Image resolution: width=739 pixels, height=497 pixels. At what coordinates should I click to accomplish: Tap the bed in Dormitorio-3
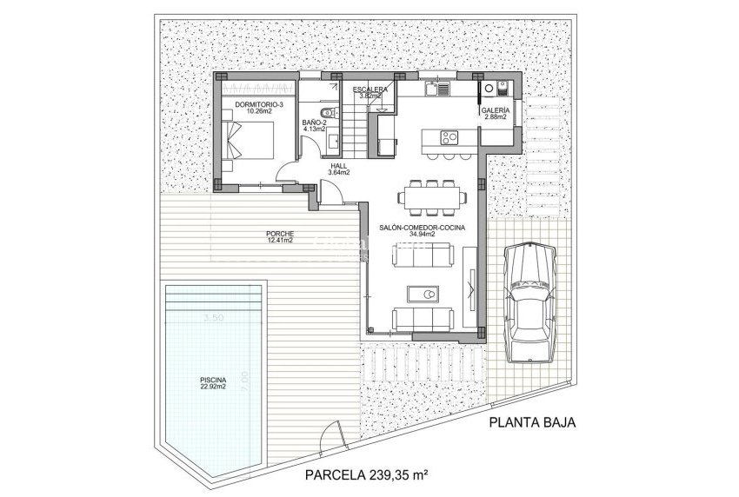(x=252, y=140)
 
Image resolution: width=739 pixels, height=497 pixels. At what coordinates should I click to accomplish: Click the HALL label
(x=339, y=168)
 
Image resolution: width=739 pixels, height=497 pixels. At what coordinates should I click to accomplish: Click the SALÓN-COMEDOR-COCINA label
(x=422, y=229)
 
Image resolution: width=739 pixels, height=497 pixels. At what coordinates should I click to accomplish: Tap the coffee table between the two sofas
(x=428, y=294)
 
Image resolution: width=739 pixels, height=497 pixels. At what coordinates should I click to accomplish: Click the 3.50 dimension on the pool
(x=213, y=318)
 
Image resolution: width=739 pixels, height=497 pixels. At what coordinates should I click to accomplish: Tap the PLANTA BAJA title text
(x=532, y=424)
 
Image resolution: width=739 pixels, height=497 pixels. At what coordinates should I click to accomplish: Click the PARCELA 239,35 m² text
(x=369, y=474)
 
